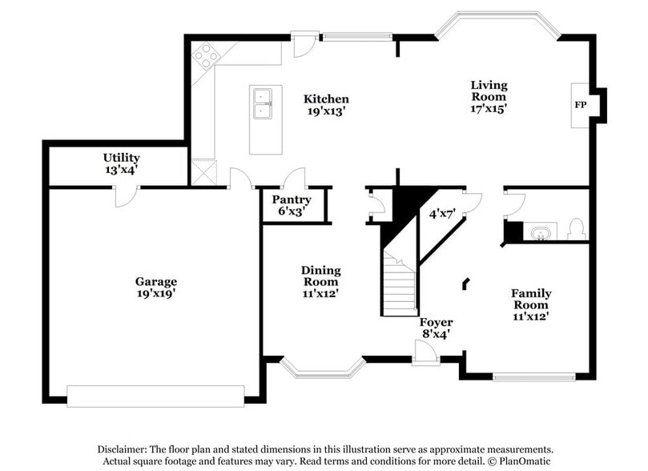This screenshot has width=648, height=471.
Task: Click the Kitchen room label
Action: pos(326,99)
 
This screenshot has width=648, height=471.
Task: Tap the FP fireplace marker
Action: pos(580,105)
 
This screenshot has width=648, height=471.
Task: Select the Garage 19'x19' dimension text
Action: pos(155,294)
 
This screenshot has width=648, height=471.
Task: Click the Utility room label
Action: pos(121,158)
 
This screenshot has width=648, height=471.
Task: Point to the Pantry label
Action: pos(292,199)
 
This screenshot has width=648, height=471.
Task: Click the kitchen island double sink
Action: pos(264,104)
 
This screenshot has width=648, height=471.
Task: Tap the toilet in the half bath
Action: pos(575,230)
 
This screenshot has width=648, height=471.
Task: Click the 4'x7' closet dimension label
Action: pos(441,214)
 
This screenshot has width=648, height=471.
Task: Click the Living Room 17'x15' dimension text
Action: pos(489,108)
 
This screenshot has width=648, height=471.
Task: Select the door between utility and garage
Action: pos(126,195)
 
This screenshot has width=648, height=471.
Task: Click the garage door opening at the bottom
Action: pos(155,396)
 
